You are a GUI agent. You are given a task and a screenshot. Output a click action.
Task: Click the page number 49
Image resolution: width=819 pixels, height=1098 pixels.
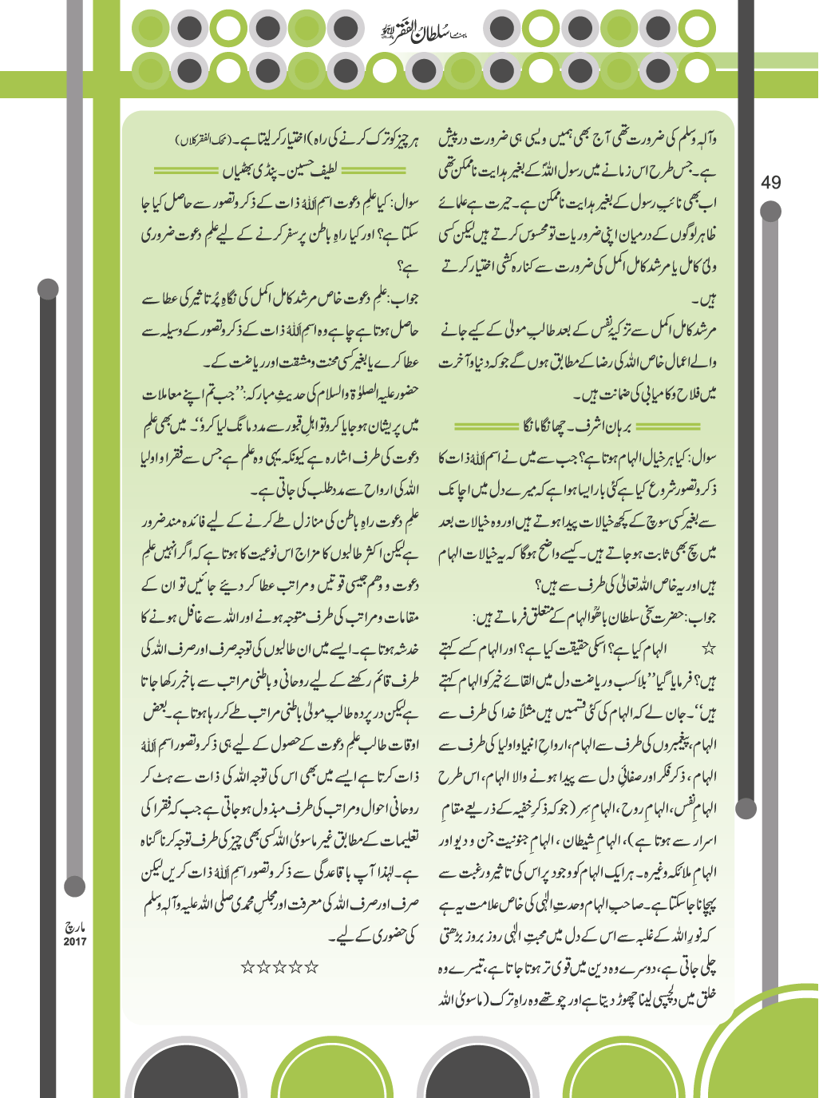771,183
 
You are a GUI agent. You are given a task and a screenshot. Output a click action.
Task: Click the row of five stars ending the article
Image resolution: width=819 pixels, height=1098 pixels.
279,967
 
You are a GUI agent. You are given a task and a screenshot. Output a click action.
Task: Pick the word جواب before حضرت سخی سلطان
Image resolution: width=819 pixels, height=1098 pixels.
701,596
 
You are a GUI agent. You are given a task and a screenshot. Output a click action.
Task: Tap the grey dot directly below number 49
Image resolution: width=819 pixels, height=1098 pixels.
771,211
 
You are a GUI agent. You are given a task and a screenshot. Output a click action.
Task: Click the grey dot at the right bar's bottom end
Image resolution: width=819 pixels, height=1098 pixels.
747,807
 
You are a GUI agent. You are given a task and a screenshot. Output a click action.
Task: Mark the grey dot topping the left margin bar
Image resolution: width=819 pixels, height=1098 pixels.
48,289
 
